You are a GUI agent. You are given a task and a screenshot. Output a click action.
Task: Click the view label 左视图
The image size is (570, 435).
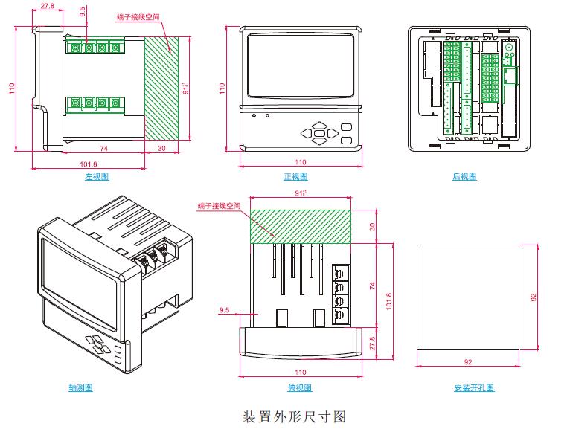[97, 177]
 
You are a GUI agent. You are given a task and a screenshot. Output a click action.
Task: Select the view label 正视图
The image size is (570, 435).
[295, 177]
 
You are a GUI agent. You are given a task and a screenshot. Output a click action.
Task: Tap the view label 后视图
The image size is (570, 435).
[464, 177]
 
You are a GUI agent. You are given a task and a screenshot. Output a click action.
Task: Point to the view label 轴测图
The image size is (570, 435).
[80, 388]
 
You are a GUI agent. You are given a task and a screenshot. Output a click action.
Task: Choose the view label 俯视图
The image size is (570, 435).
[300, 388]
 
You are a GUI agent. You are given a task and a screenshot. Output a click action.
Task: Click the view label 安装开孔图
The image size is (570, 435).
[474, 388]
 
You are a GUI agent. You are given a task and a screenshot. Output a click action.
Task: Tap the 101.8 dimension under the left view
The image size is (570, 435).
[88, 164]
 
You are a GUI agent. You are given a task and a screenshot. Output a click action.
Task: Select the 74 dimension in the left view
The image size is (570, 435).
[103, 149]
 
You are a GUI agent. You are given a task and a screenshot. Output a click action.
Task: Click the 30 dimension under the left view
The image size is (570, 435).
[163, 149]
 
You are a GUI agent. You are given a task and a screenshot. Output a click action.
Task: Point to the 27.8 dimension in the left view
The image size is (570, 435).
[48, 6]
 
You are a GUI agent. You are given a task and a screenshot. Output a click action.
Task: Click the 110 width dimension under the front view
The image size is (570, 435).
[300, 162]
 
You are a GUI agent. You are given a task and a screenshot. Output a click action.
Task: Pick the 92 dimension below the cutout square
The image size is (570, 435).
[467, 362]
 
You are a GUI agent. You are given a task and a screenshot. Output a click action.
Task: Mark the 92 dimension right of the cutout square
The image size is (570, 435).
[533, 297]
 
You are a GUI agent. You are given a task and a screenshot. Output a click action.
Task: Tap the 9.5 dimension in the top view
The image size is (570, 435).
[224, 310]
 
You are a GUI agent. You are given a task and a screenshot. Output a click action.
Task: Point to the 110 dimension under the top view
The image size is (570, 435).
[300, 371]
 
